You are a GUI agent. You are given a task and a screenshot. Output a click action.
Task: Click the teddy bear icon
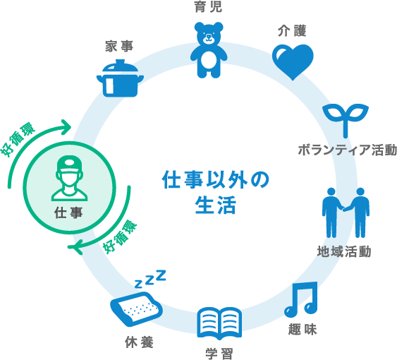209,50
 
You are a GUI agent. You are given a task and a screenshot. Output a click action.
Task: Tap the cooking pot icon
120,78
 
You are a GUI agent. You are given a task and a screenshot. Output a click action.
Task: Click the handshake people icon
346,213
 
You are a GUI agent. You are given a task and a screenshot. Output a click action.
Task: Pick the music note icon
301,299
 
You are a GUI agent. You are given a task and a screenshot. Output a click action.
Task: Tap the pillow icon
136,308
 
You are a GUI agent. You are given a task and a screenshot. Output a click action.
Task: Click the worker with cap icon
69,179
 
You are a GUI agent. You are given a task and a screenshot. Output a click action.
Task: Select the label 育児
209,7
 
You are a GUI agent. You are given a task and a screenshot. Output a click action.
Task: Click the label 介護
292,30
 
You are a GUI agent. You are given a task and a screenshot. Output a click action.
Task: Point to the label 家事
119,47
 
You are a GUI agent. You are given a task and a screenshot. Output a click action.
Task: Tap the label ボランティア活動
347,150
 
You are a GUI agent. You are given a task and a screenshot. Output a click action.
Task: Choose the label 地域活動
344,251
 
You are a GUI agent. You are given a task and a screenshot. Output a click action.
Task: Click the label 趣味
303,330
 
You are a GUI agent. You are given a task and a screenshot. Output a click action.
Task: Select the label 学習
219,354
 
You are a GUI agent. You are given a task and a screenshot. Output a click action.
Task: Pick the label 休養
139,342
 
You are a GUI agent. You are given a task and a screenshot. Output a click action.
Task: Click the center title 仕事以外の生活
216,192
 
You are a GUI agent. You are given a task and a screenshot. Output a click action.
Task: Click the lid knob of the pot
120,62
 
